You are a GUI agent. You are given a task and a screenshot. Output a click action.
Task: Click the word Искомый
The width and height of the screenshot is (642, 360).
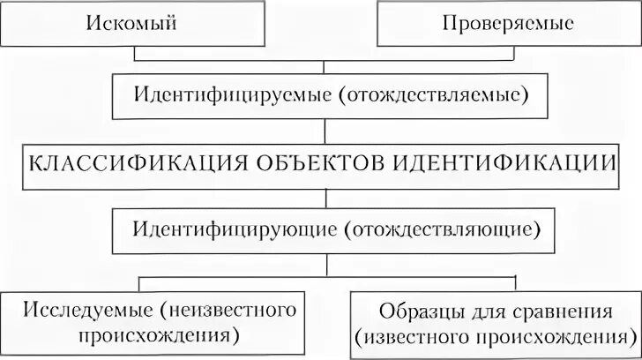[x=132, y=23]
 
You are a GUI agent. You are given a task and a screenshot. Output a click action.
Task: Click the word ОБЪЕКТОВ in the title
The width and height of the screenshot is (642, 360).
[x=315, y=164]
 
